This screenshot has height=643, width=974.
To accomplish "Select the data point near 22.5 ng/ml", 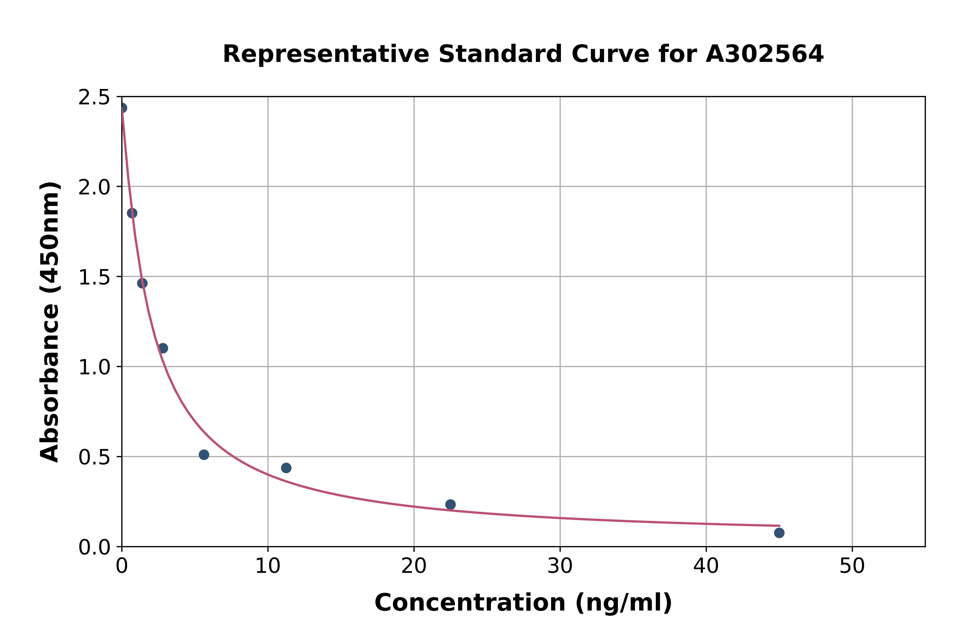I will click(450, 504).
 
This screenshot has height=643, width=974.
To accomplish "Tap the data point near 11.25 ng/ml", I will click(286, 468).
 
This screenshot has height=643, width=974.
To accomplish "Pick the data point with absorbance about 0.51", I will click(204, 455).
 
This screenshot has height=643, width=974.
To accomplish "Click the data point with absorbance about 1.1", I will click(163, 348).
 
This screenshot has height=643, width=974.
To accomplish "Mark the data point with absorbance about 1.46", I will click(142, 283).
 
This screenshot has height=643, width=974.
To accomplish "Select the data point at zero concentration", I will click(122, 108).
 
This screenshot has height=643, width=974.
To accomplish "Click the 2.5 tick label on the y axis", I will click(94, 98).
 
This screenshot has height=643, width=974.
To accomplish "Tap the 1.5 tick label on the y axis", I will click(94, 278).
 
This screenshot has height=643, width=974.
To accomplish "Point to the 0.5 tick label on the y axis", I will click(94, 458).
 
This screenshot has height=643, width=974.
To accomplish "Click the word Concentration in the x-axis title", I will click(470, 603).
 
